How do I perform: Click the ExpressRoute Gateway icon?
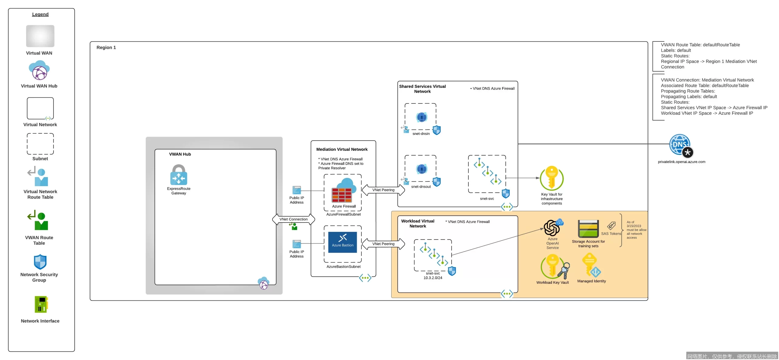(179, 175)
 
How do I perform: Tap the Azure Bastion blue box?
(342, 242)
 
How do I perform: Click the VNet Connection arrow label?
(293, 219)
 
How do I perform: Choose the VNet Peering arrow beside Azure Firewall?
(383, 190)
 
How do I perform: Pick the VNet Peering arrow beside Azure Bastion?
(383, 244)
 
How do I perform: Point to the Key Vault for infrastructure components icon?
(551, 178)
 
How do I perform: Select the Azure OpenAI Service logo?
(552, 228)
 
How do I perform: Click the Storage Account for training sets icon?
(588, 229)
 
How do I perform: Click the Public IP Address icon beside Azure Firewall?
(296, 190)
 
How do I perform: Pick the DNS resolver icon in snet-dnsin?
(421, 117)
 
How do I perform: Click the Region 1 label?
(106, 47)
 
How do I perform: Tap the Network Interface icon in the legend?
(41, 304)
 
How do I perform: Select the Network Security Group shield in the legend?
(40, 262)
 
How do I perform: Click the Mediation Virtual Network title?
(341, 149)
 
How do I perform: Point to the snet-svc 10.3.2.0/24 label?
(432, 276)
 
